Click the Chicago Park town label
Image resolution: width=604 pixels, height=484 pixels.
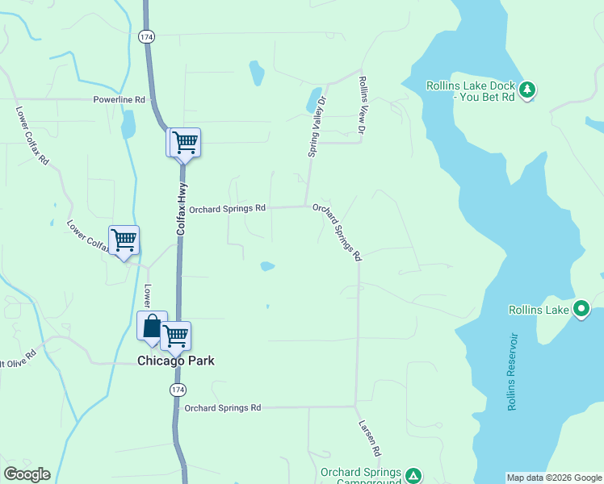176,361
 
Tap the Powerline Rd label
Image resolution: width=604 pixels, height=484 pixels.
119,100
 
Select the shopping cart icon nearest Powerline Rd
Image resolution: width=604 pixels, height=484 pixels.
184,143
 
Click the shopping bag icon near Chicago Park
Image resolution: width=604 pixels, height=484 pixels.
152,326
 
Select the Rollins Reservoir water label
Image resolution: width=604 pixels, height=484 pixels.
512,371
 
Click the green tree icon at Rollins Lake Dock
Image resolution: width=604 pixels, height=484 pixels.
527,89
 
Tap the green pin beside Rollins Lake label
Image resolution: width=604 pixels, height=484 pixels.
581,309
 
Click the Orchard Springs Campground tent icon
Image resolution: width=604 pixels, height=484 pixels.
413,475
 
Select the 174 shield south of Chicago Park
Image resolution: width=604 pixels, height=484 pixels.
178,390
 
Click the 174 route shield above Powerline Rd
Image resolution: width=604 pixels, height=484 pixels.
145,37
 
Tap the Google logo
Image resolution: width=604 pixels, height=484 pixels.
27,474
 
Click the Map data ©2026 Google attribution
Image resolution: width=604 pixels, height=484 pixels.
554,478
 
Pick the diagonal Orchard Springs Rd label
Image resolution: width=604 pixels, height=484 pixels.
337,232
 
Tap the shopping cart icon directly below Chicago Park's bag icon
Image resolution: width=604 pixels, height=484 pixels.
175,336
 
